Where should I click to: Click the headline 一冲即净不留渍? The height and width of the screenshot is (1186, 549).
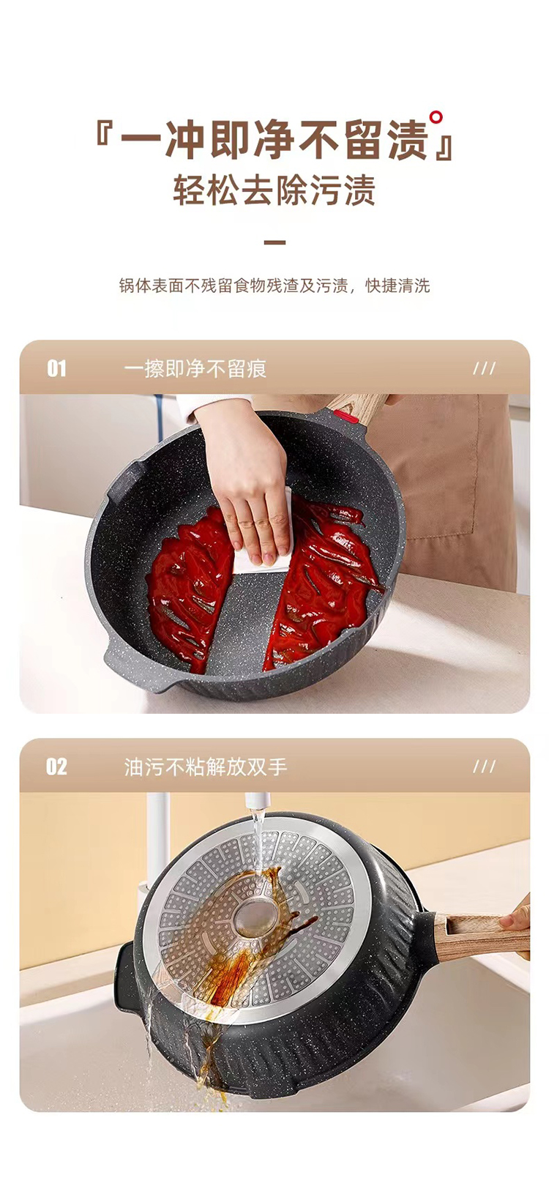pos(274,141)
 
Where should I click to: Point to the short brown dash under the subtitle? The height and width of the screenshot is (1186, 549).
pos(274,242)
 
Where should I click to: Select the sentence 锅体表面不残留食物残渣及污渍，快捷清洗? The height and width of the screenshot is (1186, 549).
pos(274,286)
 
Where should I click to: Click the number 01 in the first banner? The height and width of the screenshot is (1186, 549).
pos(56,368)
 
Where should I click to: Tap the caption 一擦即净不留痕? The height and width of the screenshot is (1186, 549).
pos(195,369)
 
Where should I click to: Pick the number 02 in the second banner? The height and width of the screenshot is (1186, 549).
pos(56,767)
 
